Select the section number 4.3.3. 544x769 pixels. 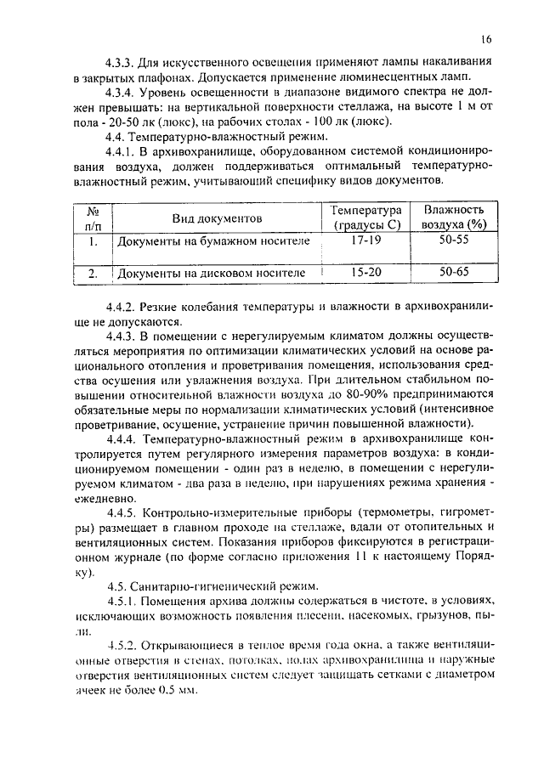[121, 64]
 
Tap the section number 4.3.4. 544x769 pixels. [121, 93]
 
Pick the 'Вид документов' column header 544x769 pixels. [217, 218]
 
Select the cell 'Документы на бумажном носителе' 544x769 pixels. [213, 242]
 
